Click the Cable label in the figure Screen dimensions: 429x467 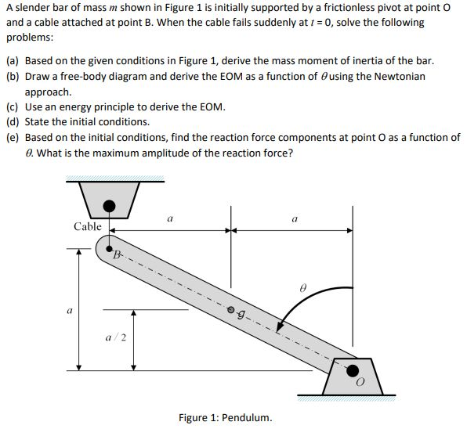pyautogui.click(x=88, y=226)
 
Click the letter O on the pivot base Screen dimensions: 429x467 pyautogui.click(x=360, y=384)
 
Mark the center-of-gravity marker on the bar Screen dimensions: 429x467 pyautogui.click(x=231, y=309)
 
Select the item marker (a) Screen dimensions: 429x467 pyautogui.click(x=13, y=60)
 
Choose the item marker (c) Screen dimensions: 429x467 pyautogui.click(x=13, y=106)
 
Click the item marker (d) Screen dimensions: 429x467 pyautogui.click(x=13, y=121)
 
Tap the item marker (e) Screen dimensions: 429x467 pyautogui.click(x=13, y=137)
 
